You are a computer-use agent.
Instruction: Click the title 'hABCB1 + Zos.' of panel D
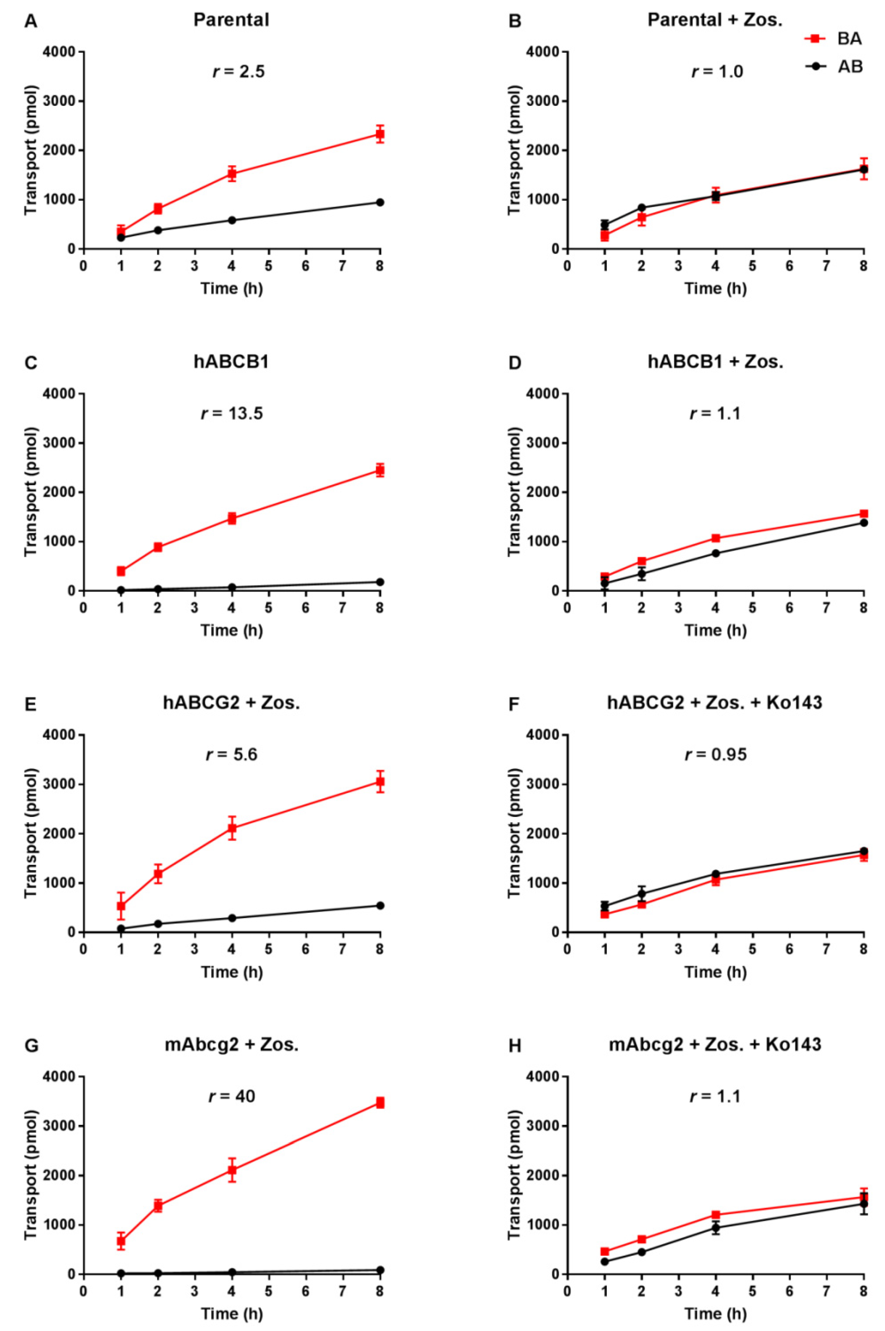tap(715, 362)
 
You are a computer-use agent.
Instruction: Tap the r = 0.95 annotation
tap(715, 755)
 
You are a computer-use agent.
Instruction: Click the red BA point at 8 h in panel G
tap(380, 1103)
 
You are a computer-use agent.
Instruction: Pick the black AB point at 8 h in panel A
tap(380, 202)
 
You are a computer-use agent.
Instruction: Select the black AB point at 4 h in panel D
tap(716, 553)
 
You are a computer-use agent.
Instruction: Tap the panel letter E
tap(31, 704)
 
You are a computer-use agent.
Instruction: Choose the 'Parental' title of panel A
tap(231, 20)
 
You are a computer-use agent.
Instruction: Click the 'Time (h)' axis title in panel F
tap(715, 972)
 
